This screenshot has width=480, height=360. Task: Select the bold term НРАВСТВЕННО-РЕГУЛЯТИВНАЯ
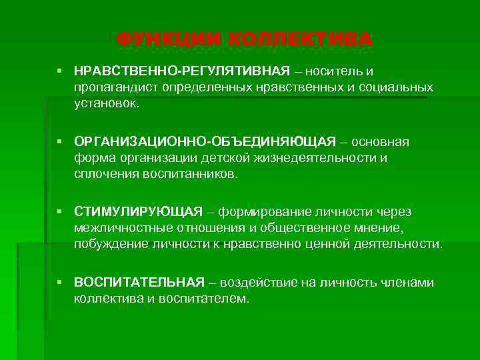182,71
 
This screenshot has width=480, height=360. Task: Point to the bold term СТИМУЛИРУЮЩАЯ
138,212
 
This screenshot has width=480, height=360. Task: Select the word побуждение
109,245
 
